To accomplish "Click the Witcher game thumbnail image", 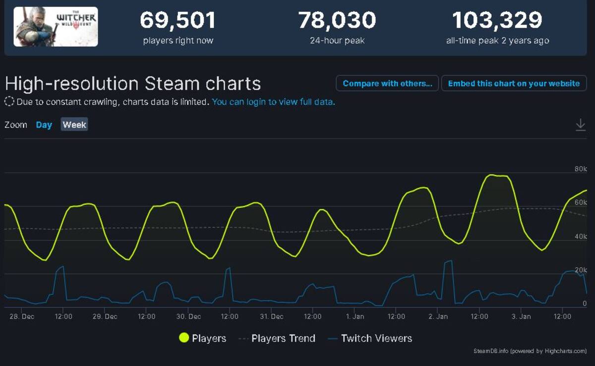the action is [x=56, y=27].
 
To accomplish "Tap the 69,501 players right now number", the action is [x=178, y=20].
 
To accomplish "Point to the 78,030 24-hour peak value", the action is [x=337, y=20].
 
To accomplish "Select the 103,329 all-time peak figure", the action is [x=497, y=20].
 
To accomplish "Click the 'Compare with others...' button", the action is [x=387, y=83].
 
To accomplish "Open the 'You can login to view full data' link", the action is [x=273, y=102].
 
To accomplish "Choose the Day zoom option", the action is [x=44, y=125].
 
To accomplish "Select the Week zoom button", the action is [x=74, y=125].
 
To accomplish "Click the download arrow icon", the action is [x=581, y=125].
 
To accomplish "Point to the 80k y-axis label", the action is [x=581, y=169].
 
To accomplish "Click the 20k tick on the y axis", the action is [x=581, y=270].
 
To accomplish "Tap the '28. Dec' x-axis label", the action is [x=22, y=316].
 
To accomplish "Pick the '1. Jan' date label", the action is [x=355, y=316].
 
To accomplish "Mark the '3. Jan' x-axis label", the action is [x=521, y=316].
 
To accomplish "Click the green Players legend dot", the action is [x=184, y=338].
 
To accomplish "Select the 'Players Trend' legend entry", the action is [x=277, y=338].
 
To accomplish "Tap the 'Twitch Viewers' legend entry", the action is [x=370, y=338].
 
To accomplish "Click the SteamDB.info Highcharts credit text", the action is [x=530, y=351].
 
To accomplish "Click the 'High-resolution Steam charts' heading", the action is [x=133, y=83].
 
